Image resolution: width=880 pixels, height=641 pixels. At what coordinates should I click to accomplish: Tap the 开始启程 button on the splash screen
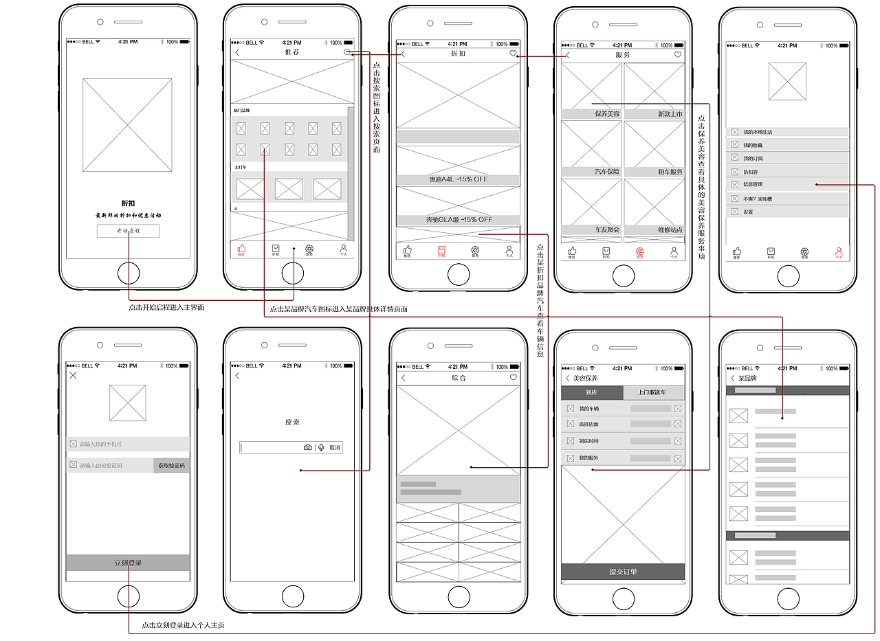point(128,231)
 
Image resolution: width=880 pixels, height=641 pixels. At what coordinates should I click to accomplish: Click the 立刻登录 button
point(128,563)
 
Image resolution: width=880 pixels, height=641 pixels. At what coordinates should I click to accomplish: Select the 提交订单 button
point(623,572)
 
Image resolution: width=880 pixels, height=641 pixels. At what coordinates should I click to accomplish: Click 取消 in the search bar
point(334,447)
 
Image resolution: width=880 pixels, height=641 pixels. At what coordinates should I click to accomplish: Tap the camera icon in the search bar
point(307,447)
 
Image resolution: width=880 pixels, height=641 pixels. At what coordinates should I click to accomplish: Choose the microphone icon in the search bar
point(321,447)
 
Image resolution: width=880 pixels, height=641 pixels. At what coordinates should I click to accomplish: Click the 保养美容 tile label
point(606,114)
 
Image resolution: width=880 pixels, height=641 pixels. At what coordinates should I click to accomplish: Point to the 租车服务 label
point(670,172)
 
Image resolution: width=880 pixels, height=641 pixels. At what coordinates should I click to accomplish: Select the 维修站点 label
point(670,229)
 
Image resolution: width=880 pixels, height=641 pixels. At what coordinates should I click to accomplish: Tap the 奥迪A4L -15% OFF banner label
point(458,180)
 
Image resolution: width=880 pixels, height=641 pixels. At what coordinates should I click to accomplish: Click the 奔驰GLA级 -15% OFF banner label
point(458,220)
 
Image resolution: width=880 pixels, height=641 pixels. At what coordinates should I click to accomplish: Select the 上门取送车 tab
point(653,393)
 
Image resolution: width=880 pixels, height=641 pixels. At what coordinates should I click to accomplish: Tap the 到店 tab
point(591,393)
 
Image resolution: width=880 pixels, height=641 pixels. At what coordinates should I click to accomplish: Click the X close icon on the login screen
point(74,376)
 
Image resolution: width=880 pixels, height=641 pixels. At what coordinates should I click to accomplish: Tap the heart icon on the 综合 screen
point(513,377)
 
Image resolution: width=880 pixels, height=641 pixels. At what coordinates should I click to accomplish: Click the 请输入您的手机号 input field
point(128,445)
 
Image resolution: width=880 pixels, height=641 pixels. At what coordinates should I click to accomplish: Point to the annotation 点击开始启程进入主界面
point(166,308)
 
